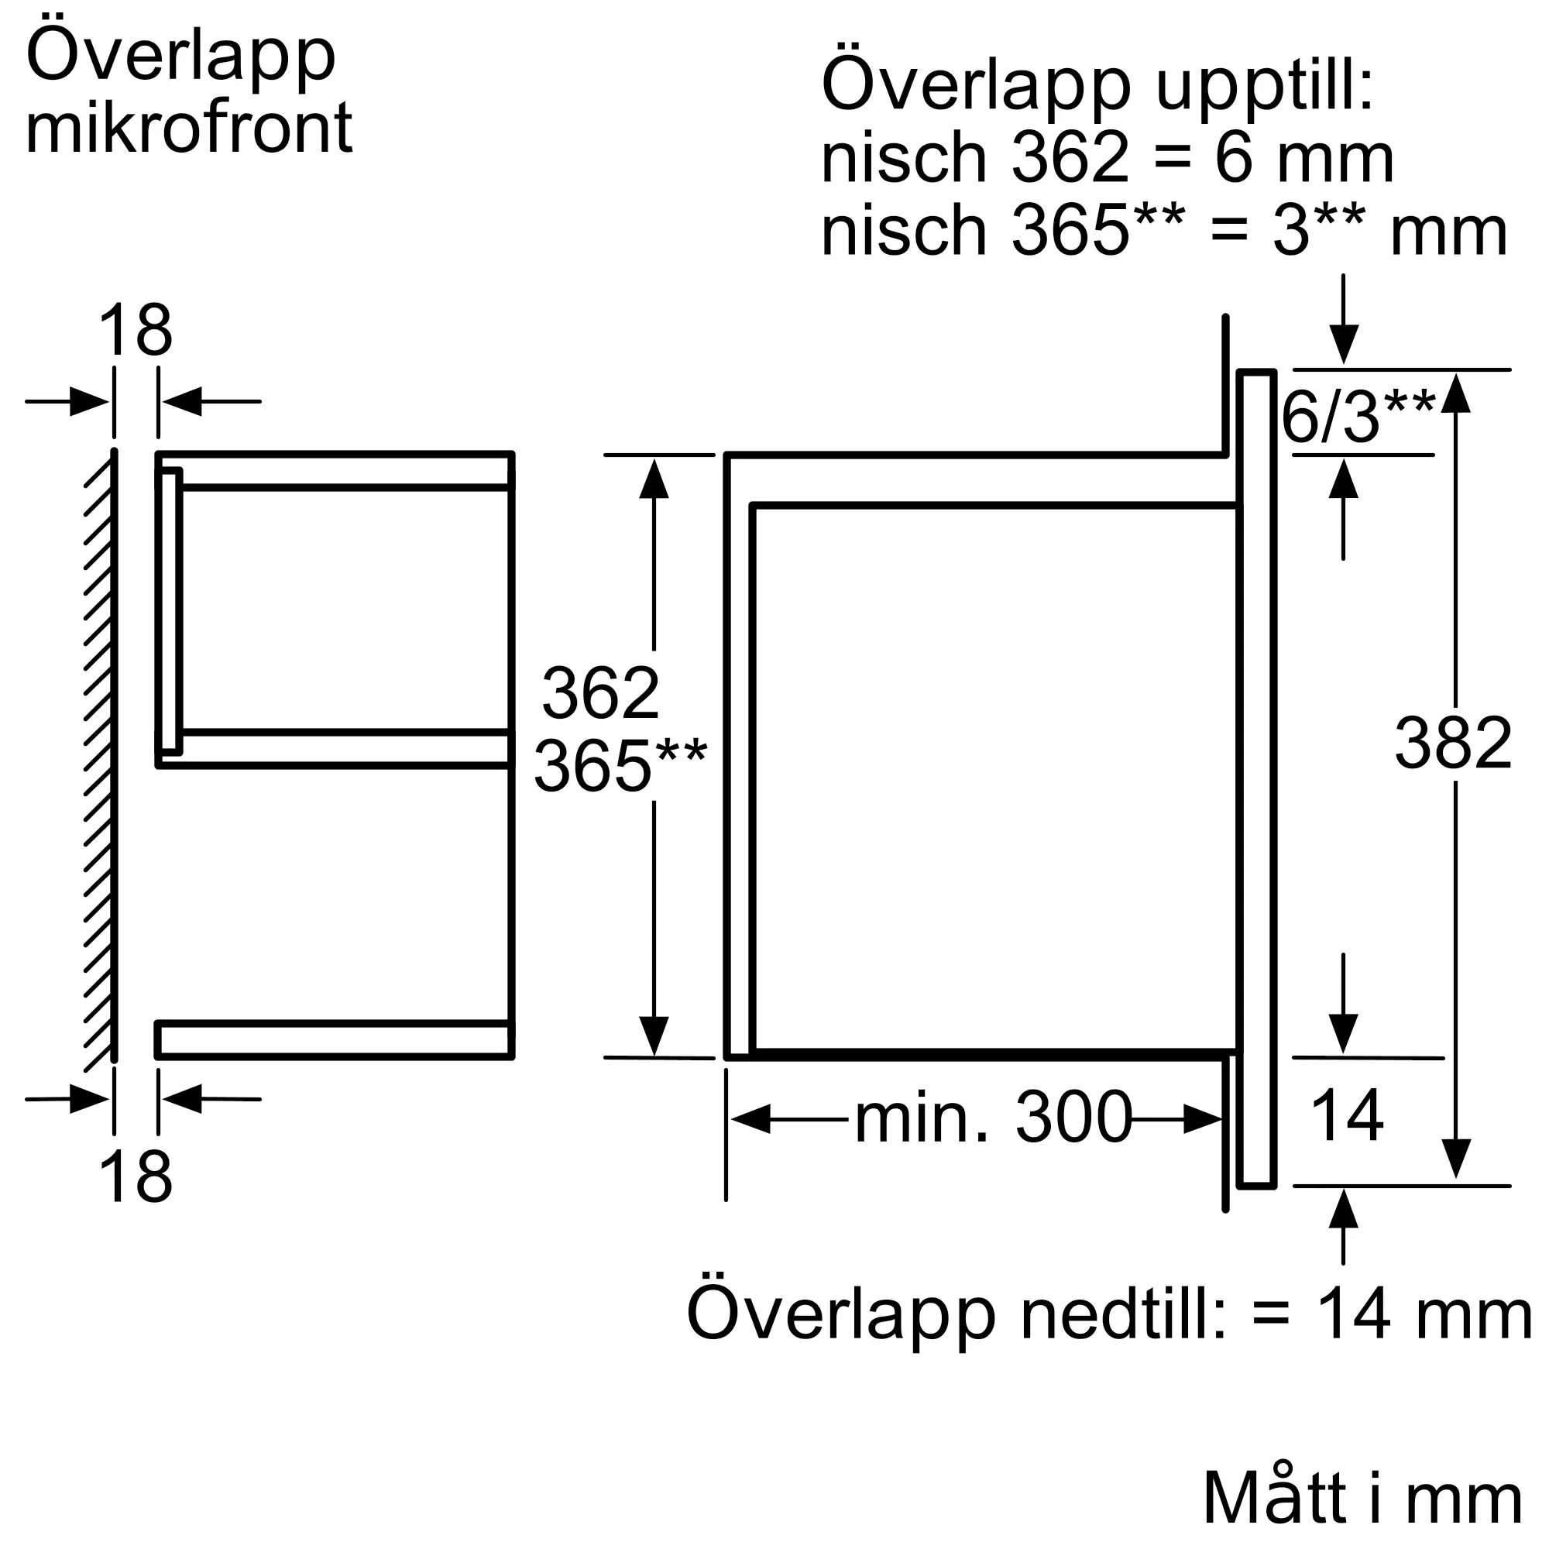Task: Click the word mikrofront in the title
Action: (189, 129)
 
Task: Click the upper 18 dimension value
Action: (135, 331)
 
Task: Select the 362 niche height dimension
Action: (600, 692)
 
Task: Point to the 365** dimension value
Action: (620, 767)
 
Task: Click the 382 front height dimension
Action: (1453, 744)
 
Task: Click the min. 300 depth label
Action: (994, 1118)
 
